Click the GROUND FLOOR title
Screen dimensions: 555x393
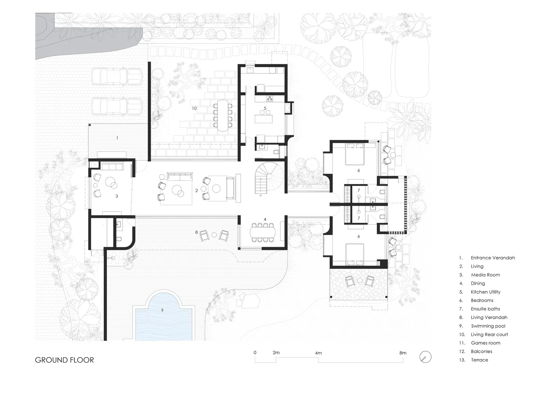[64, 360]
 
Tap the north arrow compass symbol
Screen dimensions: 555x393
[425, 357]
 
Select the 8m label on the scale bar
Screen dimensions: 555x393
[403, 353]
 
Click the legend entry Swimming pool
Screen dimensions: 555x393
[488, 326]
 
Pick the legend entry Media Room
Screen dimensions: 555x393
[486, 275]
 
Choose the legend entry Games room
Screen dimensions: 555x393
[486, 343]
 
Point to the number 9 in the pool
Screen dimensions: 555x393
[162, 310]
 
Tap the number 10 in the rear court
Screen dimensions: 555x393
[194, 108]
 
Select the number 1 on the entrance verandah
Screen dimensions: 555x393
[117, 138]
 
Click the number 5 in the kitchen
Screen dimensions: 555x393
[265, 108]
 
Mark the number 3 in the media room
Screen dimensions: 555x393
[117, 196]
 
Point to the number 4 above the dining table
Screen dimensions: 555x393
[265, 220]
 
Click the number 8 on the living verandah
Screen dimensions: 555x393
[197, 232]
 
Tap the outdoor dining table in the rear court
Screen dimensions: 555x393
[223, 116]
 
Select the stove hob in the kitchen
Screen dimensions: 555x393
[270, 99]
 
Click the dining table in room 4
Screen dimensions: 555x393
[263, 233]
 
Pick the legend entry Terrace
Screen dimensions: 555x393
[479, 360]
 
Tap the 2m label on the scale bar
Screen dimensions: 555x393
[276, 353]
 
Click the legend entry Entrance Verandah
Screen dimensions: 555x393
[493, 258]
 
